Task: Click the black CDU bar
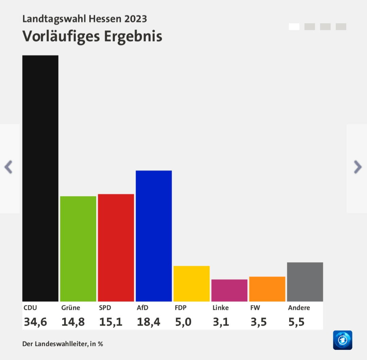pyautogui.click(x=40, y=178)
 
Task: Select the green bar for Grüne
pyautogui.click(x=78, y=249)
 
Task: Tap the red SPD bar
pyautogui.click(x=116, y=247)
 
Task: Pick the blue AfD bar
pyautogui.click(x=154, y=236)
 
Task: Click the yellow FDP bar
pyautogui.click(x=191, y=284)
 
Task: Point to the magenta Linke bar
pyautogui.click(x=229, y=290)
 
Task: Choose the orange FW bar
pyautogui.click(x=267, y=289)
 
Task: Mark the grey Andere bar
pyautogui.click(x=305, y=282)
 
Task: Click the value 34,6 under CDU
pyautogui.click(x=35, y=322)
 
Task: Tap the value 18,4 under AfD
pyautogui.click(x=148, y=322)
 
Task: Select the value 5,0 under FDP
pyautogui.click(x=183, y=322)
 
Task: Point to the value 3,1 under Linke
pyautogui.click(x=221, y=322)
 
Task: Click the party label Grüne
pyautogui.click(x=71, y=308)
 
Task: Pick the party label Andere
pyautogui.click(x=299, y=308)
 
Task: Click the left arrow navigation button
pyautogui.click(x=8, y=167)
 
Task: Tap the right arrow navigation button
pyautogui.click(x=358, y=167)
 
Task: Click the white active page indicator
pyautogui.click(x=294, y=27)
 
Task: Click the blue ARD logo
pyautogui.click(x=343, y=340)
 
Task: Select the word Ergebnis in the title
pyautogui.click(x=133, y=37)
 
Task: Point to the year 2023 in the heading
pyautogui.click(x=136, y=19)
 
